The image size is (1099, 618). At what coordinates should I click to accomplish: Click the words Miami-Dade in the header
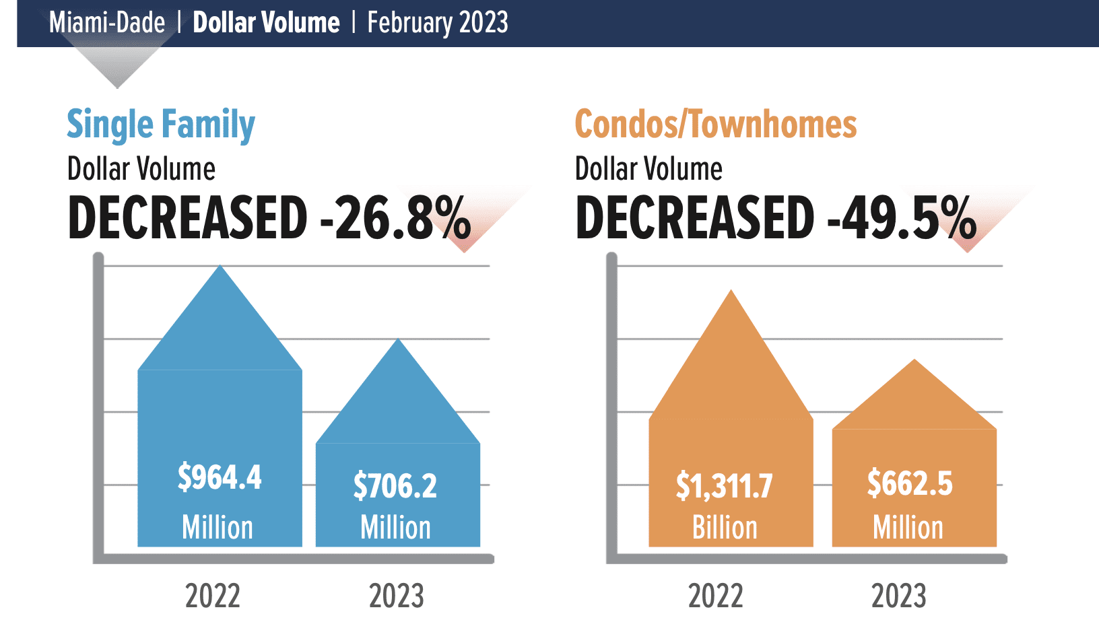pyautogui.click(x=107, y=23)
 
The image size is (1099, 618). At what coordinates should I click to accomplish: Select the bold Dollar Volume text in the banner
pyautogui.click(x=266, y=23)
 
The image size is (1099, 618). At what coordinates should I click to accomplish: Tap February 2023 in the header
pyautogui.click(x=437, y=23)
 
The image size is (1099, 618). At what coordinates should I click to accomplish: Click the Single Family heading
pyautogui.click(x=161, y=125)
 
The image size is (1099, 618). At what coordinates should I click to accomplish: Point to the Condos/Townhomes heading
pyautogui.click(x=715, y=125)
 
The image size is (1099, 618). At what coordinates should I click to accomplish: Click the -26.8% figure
pyautogui.click(x=395, y=218)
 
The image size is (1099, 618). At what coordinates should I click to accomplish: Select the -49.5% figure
pyautogui.click(x=902, y=218)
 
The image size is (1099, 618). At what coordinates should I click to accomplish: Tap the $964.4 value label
pyautogui.click(x=220, y=477)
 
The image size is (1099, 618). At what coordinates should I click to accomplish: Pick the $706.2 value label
pyautogui.click(x=395, y=486)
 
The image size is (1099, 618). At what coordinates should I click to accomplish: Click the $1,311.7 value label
pyautogui.click(x=725, y=486)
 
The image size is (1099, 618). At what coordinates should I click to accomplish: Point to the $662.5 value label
pyautogui.click(x=910, y=483)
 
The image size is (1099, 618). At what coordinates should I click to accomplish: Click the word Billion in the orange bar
pyautogui.click(x=725, y=528)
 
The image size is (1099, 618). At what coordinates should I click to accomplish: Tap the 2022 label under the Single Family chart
pyautogui.click(x=213, y=596)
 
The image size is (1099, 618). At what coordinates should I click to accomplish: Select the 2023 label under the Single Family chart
pyautogui.click(x=396, y=596)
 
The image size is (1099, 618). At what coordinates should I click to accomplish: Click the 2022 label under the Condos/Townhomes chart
pyautogui.click(x=715, y=596)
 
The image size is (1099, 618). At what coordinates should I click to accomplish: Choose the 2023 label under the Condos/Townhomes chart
pyautogui.click(x=899, y=596)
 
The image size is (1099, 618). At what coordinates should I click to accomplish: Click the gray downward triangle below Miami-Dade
pyautogui.click(x=117, y=67)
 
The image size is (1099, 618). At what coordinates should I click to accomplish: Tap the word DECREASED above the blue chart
pyautogui.click(x=188, y=218)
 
